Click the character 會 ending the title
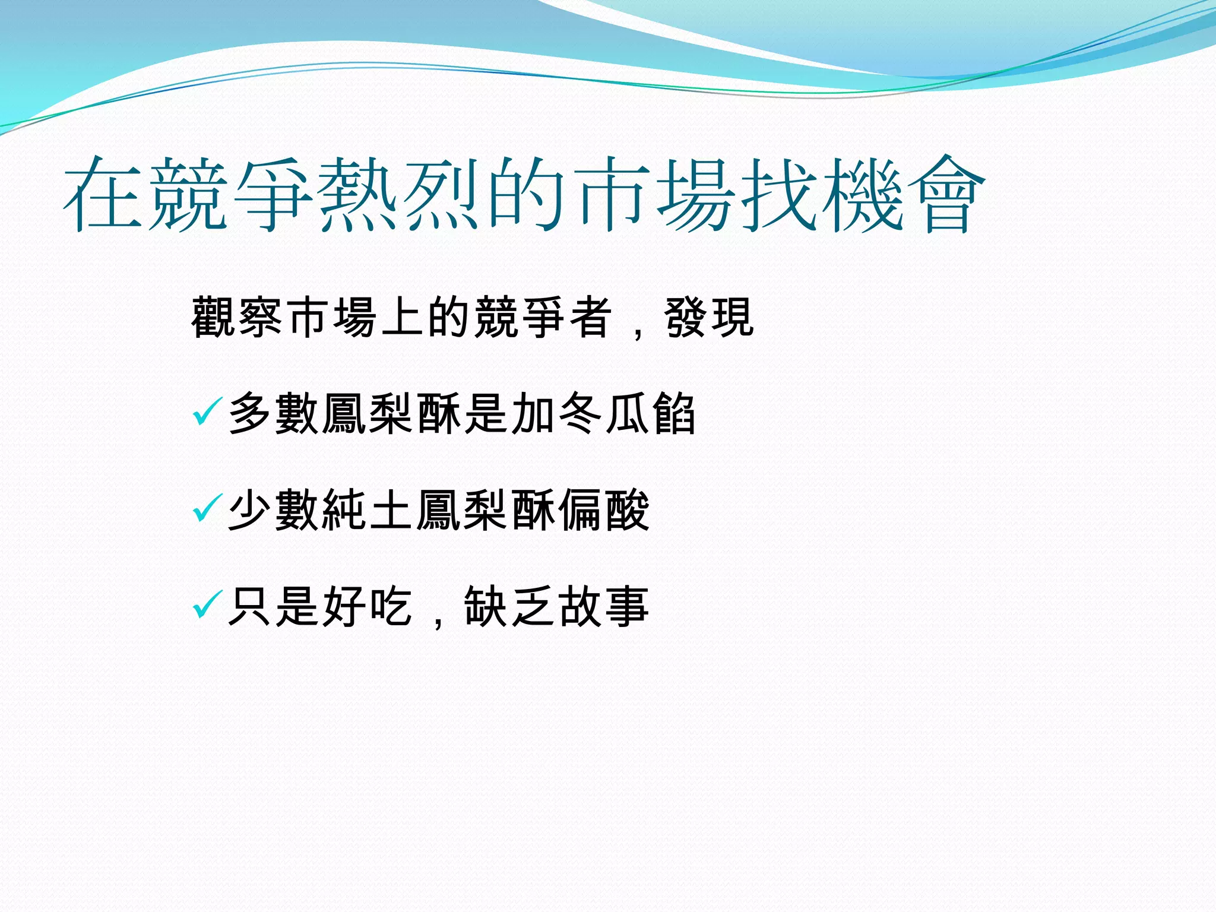click(946, 194)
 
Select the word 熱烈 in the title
click(398, 194)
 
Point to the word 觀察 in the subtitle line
click(237, 318)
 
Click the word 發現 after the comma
click(709, 318)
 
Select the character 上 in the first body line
click(402, 318)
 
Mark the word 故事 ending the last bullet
click(603, 606)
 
